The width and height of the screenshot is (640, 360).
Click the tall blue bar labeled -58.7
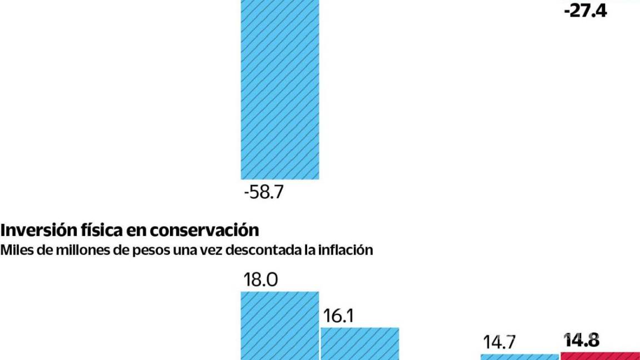coord(279,89)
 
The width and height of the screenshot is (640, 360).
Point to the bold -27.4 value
coord(584,11)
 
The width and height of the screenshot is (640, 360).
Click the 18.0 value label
coord(260,279)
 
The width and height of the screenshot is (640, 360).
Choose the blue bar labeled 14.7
coord(519,357)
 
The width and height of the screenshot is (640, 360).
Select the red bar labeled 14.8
coord(600,356)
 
